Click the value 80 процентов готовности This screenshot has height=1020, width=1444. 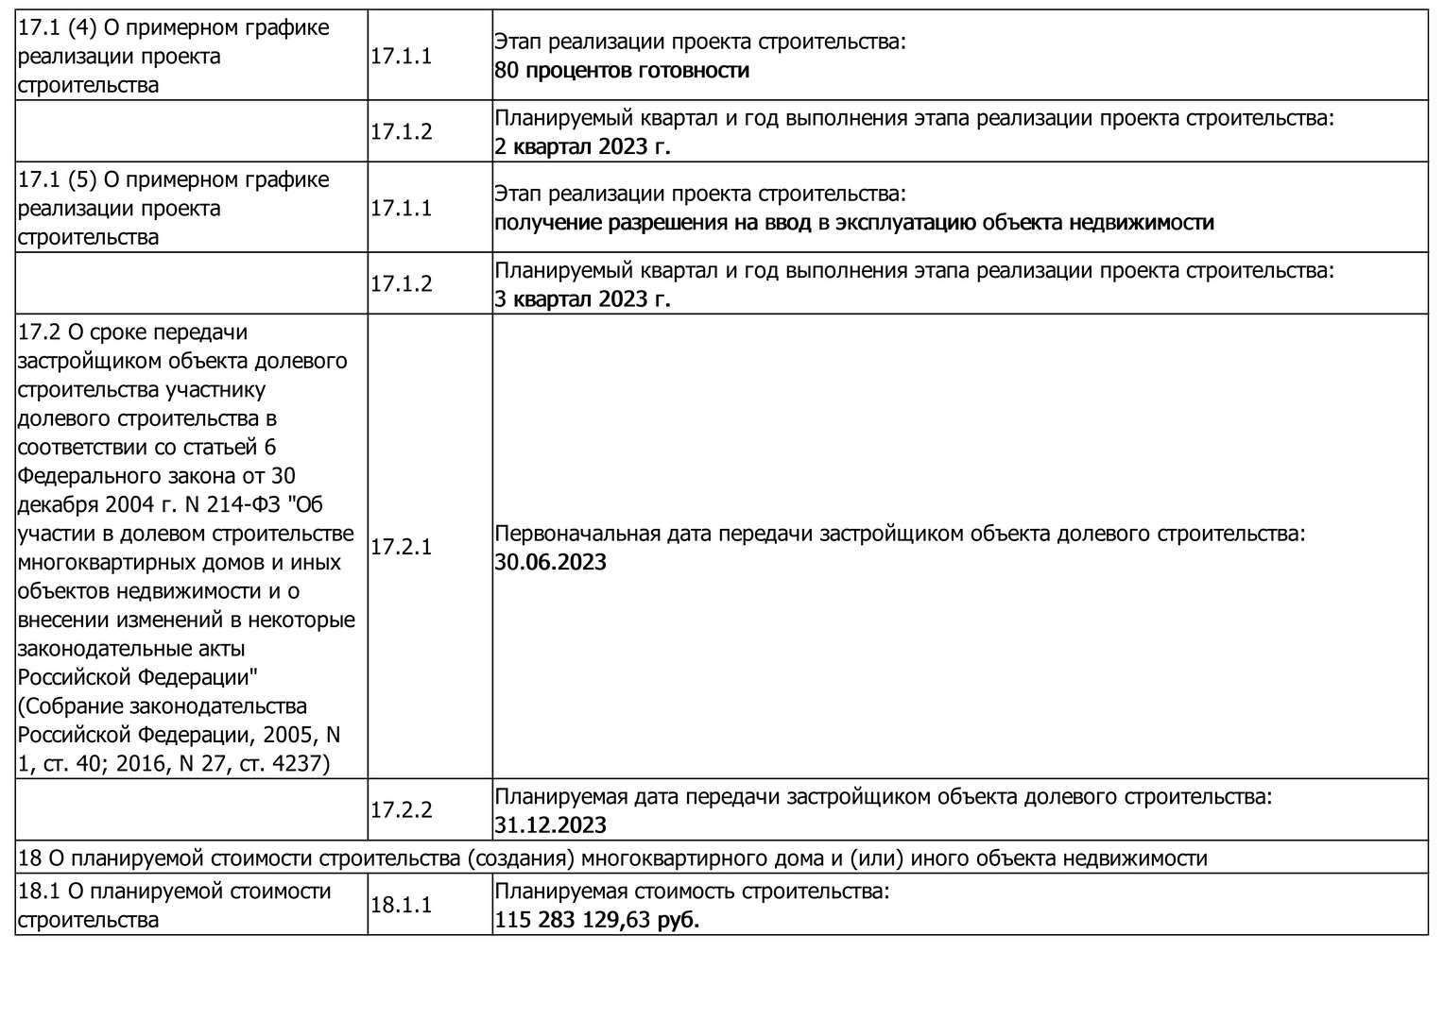click(622, 71)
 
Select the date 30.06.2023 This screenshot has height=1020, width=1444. click(550, 563)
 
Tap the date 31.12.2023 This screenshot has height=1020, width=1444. click(550, 825)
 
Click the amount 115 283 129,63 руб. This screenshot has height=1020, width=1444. click(596, 920)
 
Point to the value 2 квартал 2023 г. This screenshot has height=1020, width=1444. click(582, 147)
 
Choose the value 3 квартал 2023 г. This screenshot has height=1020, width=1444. click(582, 299)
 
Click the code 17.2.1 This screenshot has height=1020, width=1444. click(401, 547)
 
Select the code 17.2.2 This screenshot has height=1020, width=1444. click(401, 810)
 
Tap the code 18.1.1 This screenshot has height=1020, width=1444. click(401, 905)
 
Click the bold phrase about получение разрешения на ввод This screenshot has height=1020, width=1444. click(853, 223)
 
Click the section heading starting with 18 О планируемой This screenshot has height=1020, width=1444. click(612, 858)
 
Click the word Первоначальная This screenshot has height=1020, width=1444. click(576, 534)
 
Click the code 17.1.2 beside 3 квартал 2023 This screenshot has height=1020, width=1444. click(401, 284)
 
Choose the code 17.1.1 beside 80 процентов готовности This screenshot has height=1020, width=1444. click(401, 56)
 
